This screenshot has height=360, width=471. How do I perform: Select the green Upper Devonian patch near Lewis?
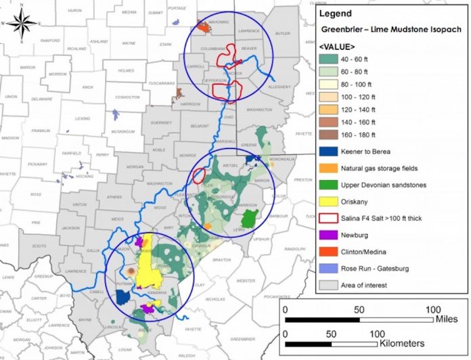click(x=249, y=219)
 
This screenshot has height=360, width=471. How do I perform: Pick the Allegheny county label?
click(x=277, y=87)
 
